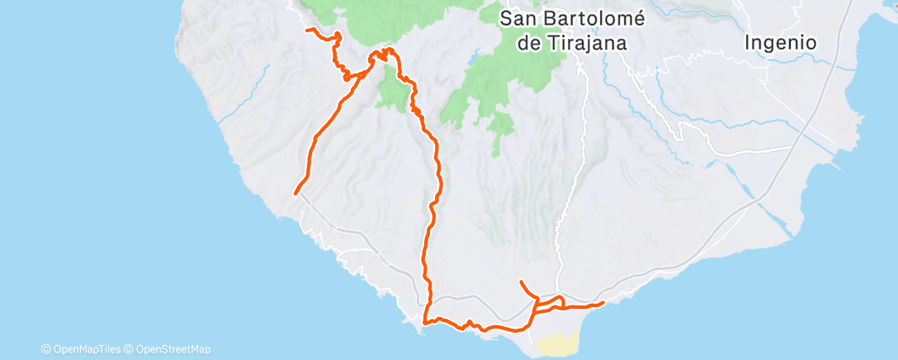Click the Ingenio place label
point(780,42)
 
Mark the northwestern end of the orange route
point(308,30)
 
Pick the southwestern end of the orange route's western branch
point(295,194)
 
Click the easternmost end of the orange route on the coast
point(603,303)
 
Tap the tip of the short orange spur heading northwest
point(521,282)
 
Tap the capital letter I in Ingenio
point(747,42)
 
